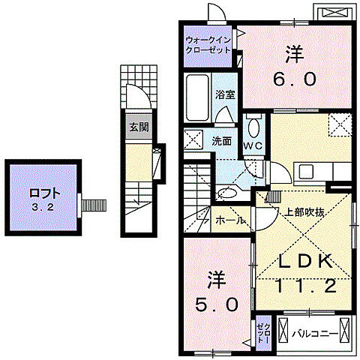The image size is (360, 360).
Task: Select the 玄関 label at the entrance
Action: (x=138, y=127)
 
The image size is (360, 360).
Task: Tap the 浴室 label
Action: (x=225, y=94)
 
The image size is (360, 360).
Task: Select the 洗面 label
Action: (x=221, y=139)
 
